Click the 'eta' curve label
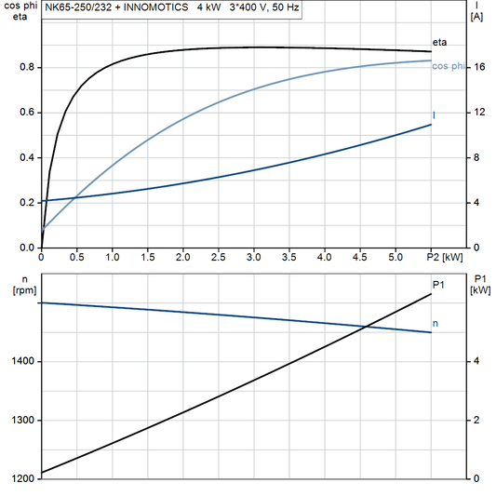tap(440, 44)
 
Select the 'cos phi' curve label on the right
tap(448, 65)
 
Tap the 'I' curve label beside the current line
tap(435, 115)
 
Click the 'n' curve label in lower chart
tap(436, 323)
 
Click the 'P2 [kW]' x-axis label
tap(444, 256)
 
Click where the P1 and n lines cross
tap(367, 326)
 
